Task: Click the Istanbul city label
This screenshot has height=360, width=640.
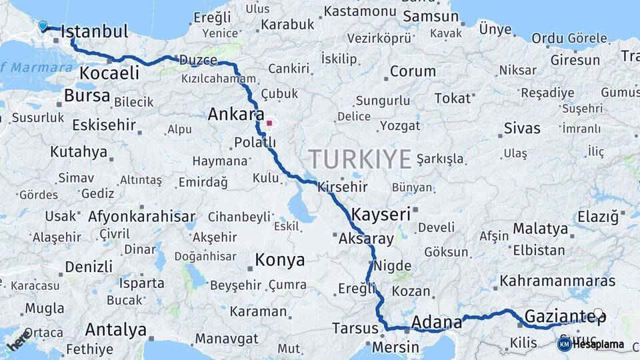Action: [x=94, y=31]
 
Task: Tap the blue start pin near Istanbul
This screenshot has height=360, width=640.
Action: [x=43, y=26]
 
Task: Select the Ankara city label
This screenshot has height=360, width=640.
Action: [x=236, y=114]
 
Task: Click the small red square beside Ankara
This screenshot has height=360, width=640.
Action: [x=269, y=123]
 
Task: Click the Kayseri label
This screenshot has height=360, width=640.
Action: [x=381, y=214]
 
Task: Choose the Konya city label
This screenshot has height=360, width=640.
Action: [x=280, y=259]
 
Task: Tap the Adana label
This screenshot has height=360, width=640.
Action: [x=437, y=323]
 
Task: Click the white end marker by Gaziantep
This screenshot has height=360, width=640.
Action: [x=598, y=313]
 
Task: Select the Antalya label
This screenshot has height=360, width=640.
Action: [x=116, y=329]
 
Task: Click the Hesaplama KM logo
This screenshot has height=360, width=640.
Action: [x=590, y=344]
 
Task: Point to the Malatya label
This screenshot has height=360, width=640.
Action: [x=540, y=229]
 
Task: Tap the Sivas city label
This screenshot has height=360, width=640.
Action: [x=522, y=127]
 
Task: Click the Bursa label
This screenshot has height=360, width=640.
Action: [x=87, y=96]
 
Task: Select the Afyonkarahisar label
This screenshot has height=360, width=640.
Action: [x=141, y=216]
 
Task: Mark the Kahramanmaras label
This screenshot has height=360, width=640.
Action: [x=557, y=281]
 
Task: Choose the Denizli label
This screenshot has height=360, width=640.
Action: [x=89, y=267]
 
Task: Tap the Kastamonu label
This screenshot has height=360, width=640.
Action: [x=361, y=12]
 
